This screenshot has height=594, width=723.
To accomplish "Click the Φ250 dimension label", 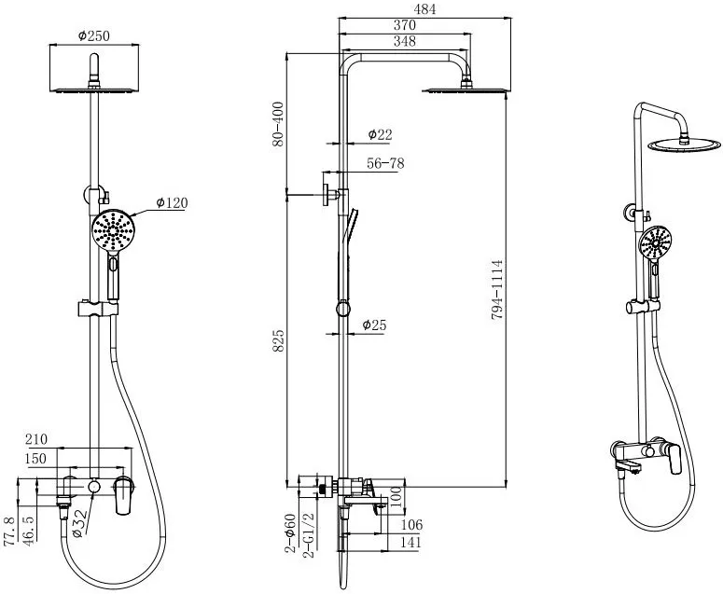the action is (94, 35).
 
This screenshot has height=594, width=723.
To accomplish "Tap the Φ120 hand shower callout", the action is (172, 202).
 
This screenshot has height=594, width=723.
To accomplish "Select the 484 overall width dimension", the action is (424, 8).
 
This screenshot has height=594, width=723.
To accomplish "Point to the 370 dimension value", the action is (404, 25).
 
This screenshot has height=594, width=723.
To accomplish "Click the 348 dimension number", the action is (404, 41).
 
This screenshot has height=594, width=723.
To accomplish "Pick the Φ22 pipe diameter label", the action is (380, 134).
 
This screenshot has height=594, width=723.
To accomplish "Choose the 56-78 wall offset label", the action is (385, 163).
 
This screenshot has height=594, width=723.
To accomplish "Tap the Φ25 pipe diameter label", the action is (374, 325).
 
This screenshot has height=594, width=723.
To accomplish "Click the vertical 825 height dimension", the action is (279, 341).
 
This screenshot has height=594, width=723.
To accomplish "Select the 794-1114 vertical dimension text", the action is (496, 290).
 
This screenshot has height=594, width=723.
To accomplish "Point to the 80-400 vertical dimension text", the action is (279, 124).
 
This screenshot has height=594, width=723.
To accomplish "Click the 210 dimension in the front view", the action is (36, 438).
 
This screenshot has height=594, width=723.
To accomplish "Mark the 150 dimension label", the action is (36, 459).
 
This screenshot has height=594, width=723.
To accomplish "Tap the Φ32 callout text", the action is (80, 523).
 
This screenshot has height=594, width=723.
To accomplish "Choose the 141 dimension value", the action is (410, 542).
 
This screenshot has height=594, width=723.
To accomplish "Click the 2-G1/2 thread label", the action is (309, 535).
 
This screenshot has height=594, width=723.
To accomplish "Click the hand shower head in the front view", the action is (113, 229).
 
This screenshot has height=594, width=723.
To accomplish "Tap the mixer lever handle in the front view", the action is (123, 495).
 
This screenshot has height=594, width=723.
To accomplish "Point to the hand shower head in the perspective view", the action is (655, 242).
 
